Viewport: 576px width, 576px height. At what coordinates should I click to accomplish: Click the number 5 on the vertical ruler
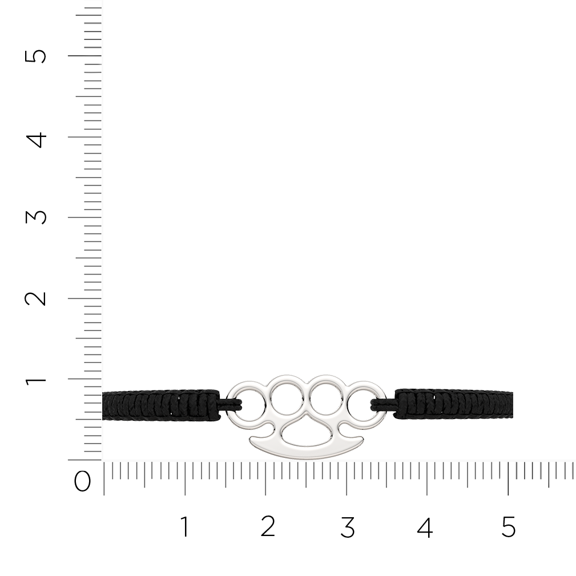coord(35,56)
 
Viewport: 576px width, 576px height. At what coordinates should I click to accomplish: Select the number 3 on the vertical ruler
coord(35,216)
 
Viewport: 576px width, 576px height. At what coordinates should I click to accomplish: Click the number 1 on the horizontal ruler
coord(186,526)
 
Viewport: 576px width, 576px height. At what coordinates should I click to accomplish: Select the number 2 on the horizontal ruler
coord(268,526)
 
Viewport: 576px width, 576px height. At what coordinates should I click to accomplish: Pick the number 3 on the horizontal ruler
coord(348,526)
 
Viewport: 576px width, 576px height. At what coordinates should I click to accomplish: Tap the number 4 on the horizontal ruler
coord(425,526)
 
